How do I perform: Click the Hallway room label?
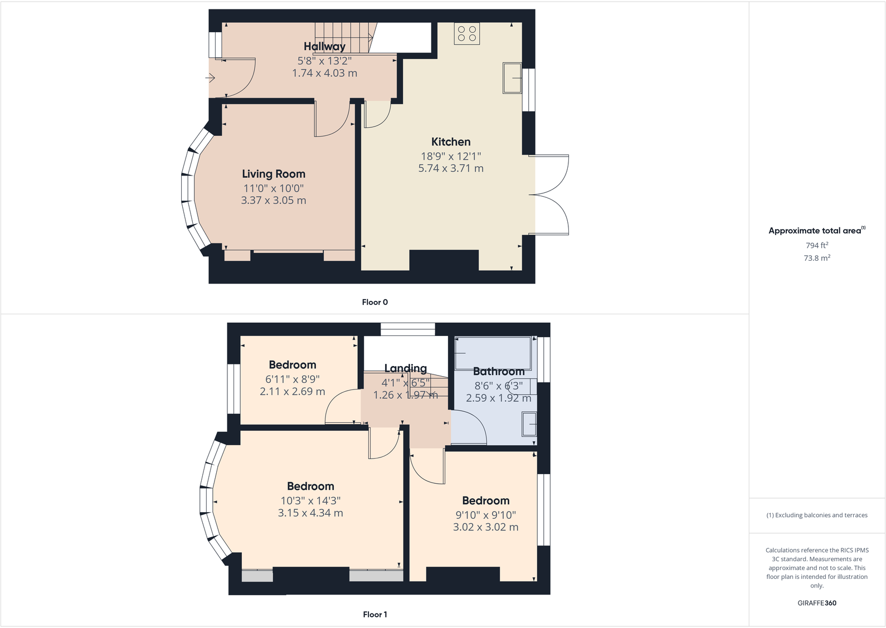coord(324,46)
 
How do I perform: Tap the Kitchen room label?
coord(451,142)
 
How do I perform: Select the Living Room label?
coord(273,174)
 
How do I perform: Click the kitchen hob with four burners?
coord(467,33)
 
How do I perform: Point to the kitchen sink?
coord(512,78)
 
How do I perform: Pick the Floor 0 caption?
coord(374,302)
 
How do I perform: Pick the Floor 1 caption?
coord(374,614)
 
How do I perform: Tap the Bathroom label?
coord(499,371)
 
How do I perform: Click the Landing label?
coord(405,368)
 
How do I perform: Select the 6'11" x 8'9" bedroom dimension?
coord(292,379)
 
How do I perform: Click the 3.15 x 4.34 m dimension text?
coord(310,513)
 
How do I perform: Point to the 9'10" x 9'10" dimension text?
coord(485,515)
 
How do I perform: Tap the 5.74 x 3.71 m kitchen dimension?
coord(451,168)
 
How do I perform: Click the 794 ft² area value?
coord(816,245)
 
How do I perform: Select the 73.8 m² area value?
coord(816,258)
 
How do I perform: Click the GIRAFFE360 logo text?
coord(816,603)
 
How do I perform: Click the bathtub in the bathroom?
coord(493,353)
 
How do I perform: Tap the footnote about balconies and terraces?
coord(816,515)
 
